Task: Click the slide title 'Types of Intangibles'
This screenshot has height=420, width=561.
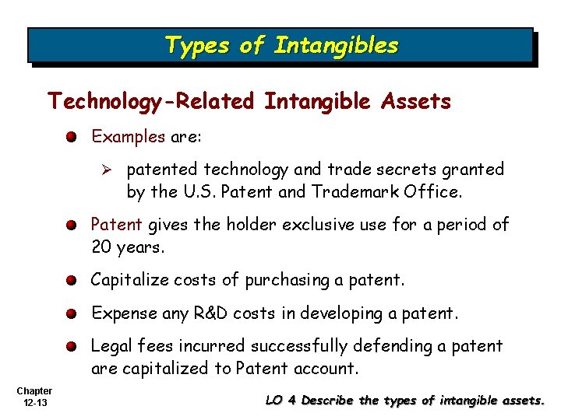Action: (x=280, y=46)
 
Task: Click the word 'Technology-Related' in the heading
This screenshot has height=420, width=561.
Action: (x=150, y=102)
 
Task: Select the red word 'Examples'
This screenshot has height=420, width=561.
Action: (x=129, y=137)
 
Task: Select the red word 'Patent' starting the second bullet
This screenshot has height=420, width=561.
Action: (x=116, y=226)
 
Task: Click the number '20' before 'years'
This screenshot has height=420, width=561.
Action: (x=102, y=247)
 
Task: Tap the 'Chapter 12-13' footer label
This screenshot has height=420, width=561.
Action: (x=34, y=396)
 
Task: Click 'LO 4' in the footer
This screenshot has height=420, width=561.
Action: (x=281, y=401)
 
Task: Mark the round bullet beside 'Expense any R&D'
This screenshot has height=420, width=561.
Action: (x=71, y=313)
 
